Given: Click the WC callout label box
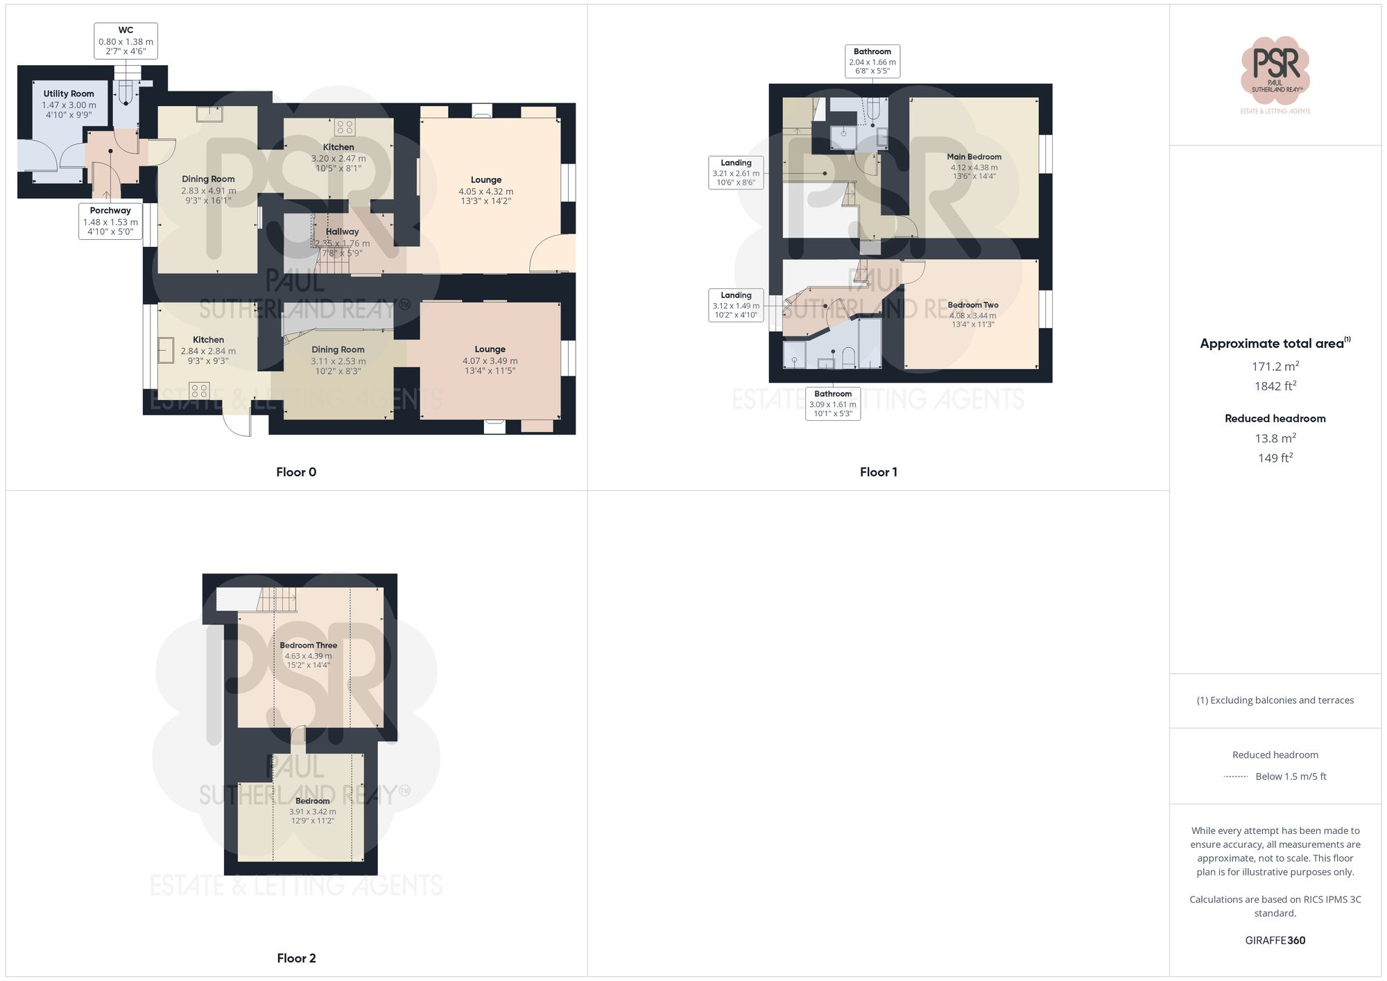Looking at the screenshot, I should [126, 41].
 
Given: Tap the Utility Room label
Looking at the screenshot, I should [69, 94].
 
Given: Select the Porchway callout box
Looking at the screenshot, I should [110, 221].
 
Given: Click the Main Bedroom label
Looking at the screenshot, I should [974, 157].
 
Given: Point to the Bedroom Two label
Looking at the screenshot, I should [973, 305].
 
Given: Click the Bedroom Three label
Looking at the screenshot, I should [309, 645].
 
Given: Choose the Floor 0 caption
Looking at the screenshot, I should [296, 472].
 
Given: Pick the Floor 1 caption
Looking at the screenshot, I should [878, 472].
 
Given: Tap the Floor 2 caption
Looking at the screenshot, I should [296, 958].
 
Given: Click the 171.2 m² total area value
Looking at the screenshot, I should [1275, 366].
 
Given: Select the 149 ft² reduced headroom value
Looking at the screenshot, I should [1275, 458].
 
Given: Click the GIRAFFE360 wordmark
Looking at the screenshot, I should [1275, 941].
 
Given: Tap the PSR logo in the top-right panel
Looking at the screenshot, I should [1275, 69].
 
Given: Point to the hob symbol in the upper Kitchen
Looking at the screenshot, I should [345, 127].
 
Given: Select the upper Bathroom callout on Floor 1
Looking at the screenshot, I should [872, 61].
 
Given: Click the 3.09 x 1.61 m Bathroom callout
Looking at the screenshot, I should [832, 403].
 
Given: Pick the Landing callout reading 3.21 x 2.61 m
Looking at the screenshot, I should [736, 173].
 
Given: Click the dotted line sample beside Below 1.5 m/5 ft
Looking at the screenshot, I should [1236, 776].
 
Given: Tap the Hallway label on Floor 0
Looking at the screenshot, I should [342, 232].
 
